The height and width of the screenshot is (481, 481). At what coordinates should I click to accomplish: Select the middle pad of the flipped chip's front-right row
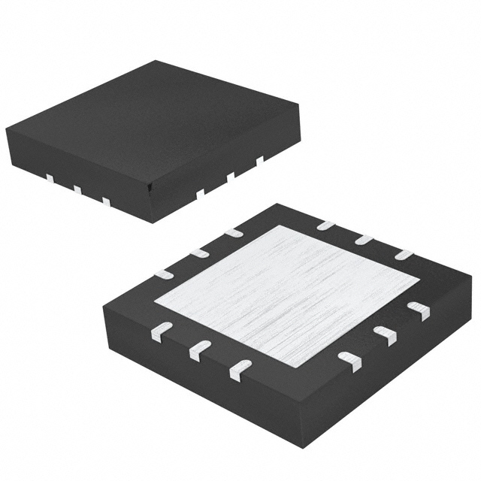point(385,335)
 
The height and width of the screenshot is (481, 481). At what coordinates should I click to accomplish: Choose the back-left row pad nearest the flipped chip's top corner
point(234,234)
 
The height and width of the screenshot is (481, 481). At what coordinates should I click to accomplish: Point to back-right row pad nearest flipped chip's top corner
point(325,225)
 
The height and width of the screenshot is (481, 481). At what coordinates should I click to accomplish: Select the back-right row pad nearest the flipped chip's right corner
point(404,256)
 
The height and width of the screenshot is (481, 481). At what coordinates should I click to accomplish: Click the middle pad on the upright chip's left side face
point(77,189)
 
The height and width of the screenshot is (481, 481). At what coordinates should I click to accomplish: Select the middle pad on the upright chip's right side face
point(231,177)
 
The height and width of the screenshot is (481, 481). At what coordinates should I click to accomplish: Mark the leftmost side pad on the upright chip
point(50,178)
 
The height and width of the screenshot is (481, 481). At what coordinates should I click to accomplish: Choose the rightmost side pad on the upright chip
point(260,160)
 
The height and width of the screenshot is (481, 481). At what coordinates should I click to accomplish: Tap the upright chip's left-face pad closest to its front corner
point(106,201)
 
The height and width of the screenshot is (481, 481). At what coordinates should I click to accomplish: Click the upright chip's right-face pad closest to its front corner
point(200,193)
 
